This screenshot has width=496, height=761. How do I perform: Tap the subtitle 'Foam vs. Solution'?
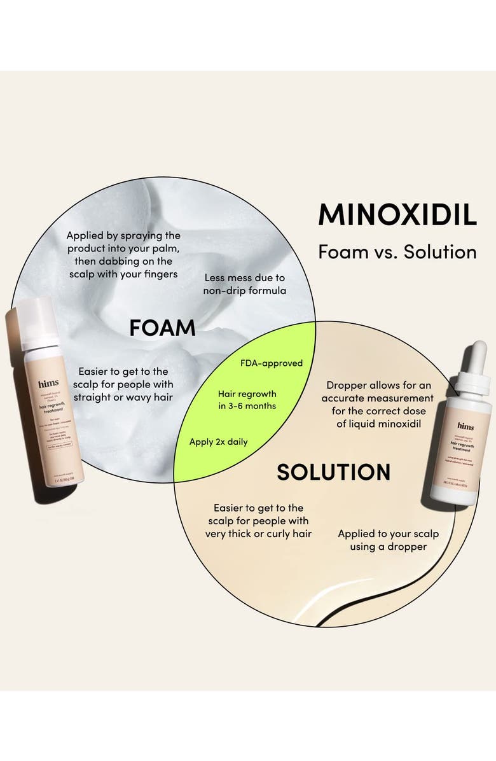397,252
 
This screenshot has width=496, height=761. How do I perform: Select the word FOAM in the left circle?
162,328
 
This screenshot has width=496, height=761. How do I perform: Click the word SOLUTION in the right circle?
333,472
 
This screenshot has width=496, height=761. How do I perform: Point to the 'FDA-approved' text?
272,363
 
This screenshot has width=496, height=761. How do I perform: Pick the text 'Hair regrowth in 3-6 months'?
247,400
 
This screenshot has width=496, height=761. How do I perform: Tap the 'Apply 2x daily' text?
219,441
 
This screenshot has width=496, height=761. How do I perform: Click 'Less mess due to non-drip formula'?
245,284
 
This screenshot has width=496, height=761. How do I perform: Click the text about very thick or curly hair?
258,520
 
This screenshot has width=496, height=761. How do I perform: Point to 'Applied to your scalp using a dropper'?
388,540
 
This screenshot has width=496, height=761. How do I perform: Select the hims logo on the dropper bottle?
465,427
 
